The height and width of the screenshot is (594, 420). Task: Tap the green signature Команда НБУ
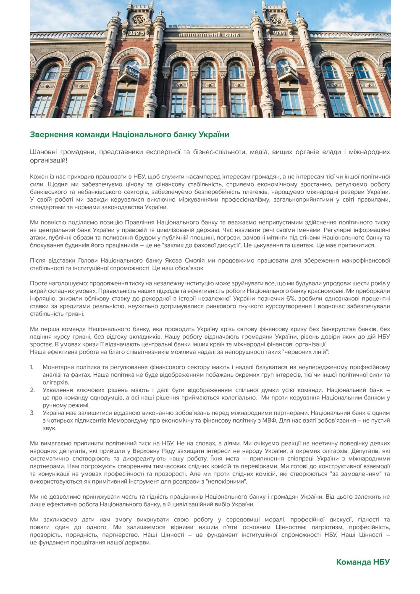tap(363, 562)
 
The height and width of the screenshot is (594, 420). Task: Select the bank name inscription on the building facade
tap(209, 34)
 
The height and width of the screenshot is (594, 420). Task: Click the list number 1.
tap(32, 368)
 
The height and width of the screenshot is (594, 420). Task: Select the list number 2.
tap(32, 390)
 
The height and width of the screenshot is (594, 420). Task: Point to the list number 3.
tap(32, 413)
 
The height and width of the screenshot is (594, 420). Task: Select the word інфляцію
tap(42, 299)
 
